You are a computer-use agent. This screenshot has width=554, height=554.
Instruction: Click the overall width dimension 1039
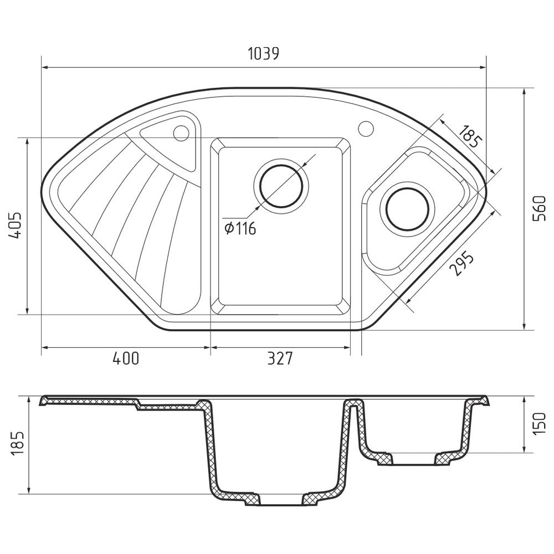(x=263, y=53)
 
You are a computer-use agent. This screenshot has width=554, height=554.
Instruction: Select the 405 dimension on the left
(x=16, y=226)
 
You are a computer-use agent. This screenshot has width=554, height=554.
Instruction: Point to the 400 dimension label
(x=125, y=358)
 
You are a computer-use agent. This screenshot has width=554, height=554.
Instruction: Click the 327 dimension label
(x=280, y=358)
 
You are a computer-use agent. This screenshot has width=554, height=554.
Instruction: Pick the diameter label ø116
(x=240, y=229)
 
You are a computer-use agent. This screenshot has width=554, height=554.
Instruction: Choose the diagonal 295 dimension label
(x=461, y=263)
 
